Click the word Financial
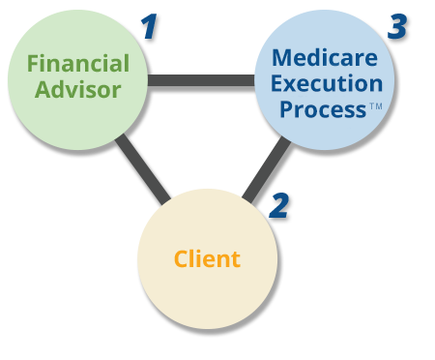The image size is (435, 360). click(x=77, y=64)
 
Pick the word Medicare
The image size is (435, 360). click(x=325, y=57)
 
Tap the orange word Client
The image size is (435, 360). click(x=207, y=259)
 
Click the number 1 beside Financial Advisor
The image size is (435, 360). click(x=148, y=26)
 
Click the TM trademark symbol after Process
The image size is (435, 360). click(x=374, y=106)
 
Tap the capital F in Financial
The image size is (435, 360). click(x=33, y=64)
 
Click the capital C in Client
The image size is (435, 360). click(x=181, y=259)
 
